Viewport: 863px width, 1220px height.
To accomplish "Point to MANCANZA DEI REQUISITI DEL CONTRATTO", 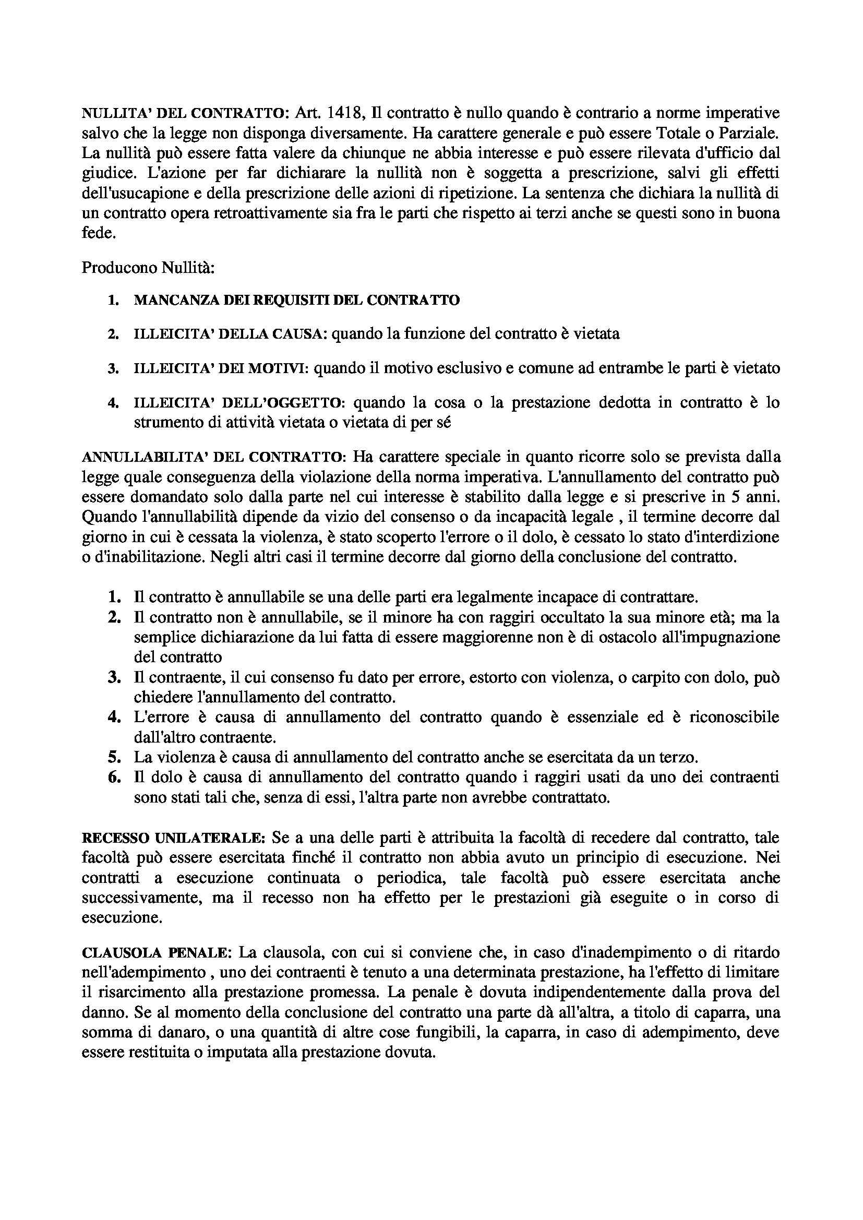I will pyautogui.click(x=296, y=300).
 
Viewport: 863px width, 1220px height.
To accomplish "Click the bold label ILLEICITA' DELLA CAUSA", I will pyautogui.click(x=227, y=334).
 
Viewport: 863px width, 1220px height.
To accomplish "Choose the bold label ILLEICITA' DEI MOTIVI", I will pyautogui.click(x=221, y=368).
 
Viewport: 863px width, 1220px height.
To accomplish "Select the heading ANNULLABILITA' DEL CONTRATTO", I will pyautogui.click(x=214, y=457).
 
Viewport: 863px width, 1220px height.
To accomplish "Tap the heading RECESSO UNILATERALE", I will pyautogui.click(x=173, y=838).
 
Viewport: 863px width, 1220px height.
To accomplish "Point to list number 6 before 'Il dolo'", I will pyautogui.click(x=114, y=778).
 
